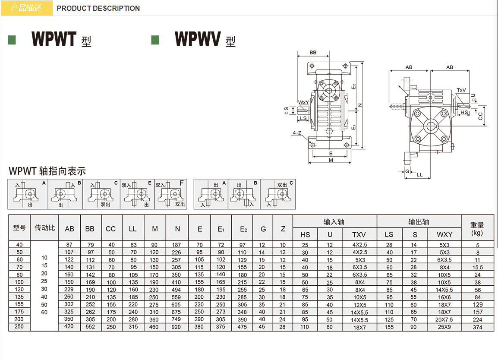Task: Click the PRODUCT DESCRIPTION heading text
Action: [x=98, y=8]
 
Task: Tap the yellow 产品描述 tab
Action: [x=26, y=8]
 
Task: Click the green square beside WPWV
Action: [x=155, y=40]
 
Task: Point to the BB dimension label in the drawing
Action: [x=313, y=53]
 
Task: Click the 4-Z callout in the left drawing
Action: [x=297, y=133]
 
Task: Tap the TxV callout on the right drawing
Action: [x=461, y=90]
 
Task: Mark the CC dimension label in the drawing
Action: [x=480, y=115]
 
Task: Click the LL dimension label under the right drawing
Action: [x=420, y=175]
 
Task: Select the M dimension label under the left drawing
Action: [x=331, y=160]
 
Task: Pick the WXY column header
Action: [x=444, y=234]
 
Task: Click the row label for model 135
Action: [x=19, y=297]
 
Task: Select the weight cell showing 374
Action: [x=477, y=328]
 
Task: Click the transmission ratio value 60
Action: [x=44, y=312]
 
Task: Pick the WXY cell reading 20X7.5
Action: [x=444, y=320]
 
